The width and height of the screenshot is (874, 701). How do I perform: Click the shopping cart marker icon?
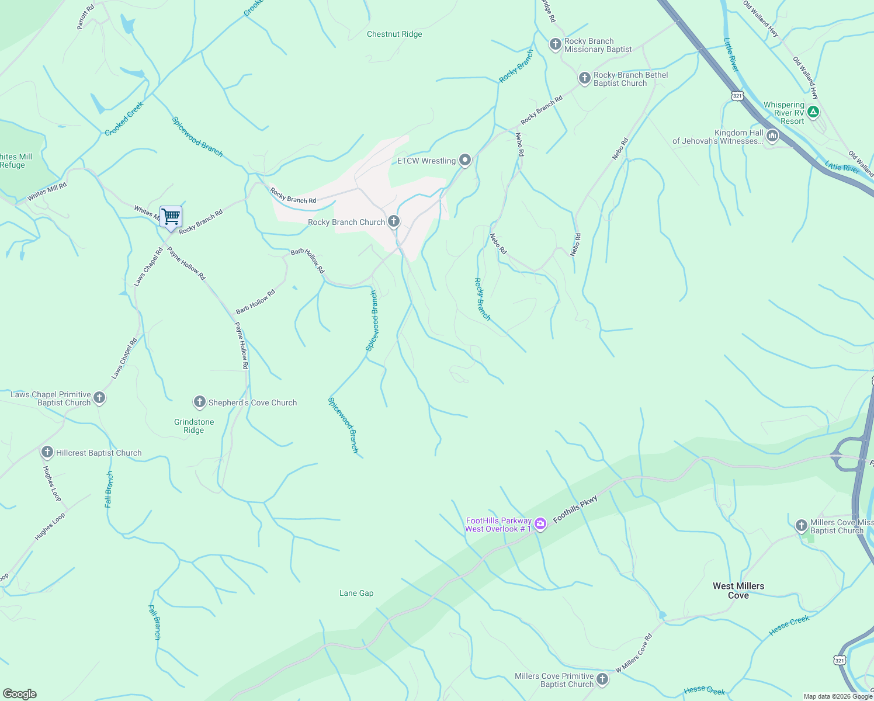click(171, 217)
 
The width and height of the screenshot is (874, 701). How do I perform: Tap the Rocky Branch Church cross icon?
click(394, 221)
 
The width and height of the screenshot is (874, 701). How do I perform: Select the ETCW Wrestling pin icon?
click(465, 160)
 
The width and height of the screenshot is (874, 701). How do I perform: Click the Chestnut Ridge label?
click(394, 34)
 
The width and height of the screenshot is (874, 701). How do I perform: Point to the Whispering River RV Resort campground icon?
click(813, 111)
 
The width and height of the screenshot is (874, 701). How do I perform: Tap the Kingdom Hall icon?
click(772, 137)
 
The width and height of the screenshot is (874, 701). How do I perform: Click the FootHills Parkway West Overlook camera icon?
click(540, 524)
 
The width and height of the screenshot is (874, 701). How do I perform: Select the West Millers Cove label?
click(738, 591)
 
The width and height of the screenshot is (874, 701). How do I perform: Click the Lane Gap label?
click(356, 594)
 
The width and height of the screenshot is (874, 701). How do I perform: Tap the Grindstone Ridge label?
click(194, 426)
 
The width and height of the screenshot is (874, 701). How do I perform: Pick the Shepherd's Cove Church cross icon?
click(200, 402)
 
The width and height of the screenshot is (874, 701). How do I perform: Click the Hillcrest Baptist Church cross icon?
click(47, 452)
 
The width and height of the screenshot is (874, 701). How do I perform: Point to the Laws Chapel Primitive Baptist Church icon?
click(99, 398)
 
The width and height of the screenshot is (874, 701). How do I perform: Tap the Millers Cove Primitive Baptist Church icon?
click(602, 679)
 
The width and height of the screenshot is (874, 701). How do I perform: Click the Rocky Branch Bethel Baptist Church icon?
click(584, 78)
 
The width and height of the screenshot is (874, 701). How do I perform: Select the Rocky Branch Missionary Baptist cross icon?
click(555, 44)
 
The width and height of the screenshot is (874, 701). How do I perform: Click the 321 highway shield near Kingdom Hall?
click(737, 95)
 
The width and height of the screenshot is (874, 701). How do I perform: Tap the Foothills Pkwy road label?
click(575, 509)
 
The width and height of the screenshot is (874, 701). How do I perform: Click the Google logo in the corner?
click(19, 694)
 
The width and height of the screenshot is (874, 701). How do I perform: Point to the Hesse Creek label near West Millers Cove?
click(789, 624)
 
